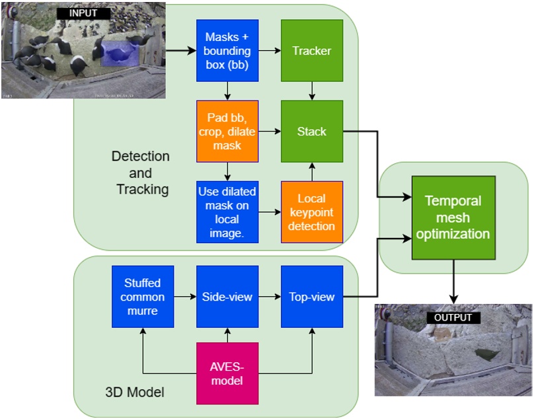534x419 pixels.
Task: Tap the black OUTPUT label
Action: click(x=453, y=318)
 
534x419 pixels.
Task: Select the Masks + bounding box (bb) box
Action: click(x=227, y=51)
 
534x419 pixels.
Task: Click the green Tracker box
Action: click(x=312, y=51)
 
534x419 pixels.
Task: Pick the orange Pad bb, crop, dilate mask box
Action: click(x=227, y=132)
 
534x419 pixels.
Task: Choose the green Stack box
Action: click(x=312, y=132)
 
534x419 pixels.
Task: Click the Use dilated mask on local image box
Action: click(x=227, y=212)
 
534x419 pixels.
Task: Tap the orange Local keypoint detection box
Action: click(x=312, y=212)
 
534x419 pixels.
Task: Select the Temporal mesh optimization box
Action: click(x=453, y=217)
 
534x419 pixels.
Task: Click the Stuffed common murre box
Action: click(x=143, y=297)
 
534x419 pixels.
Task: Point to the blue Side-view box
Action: click(x=227, y=297)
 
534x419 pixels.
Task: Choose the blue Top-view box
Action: click(x=312, y=297)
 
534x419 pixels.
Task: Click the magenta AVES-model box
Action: click(x=227, y=373)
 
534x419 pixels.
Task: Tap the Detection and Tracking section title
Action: click(x=140, y=173)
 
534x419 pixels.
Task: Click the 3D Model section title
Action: click(x=134, y=393)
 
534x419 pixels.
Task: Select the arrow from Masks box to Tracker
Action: click(x=270, y=50)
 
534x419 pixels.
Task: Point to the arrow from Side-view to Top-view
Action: click(x=270, y=297)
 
